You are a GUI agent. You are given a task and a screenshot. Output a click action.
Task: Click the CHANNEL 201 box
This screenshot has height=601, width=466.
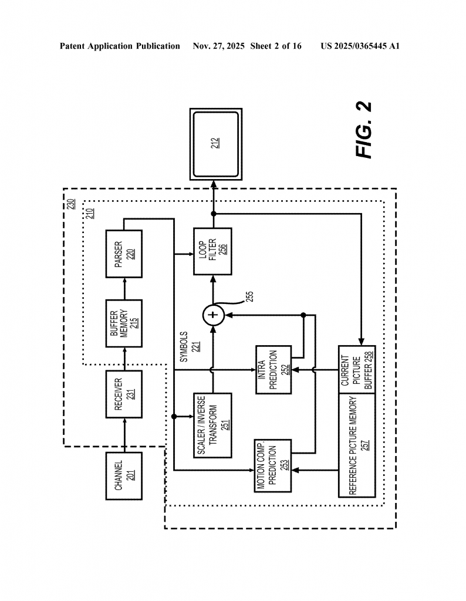pyautogui.click(x=124, y=476)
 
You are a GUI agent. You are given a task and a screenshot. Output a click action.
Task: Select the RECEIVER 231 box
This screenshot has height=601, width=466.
pyautogui.click(x=124, y=394)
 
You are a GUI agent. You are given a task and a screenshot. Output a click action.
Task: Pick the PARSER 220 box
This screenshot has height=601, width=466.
pyautogui.click(x=124, y=254)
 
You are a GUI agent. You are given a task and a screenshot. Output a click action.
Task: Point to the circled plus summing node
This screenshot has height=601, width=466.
pyautogui.click(x=213, y=315)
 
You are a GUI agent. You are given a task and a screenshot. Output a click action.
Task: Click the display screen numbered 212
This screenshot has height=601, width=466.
pyautogui.click(x=215, y=144)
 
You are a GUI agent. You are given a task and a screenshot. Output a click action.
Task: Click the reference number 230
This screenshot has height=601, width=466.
pyautogui.click(x=70, y=205)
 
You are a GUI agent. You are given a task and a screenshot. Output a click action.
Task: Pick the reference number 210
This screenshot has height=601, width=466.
pyautogui.click(x=90, y=213)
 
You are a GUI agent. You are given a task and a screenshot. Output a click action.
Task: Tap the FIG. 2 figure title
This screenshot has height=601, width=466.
pyautogui.click(x=364, y=130)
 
